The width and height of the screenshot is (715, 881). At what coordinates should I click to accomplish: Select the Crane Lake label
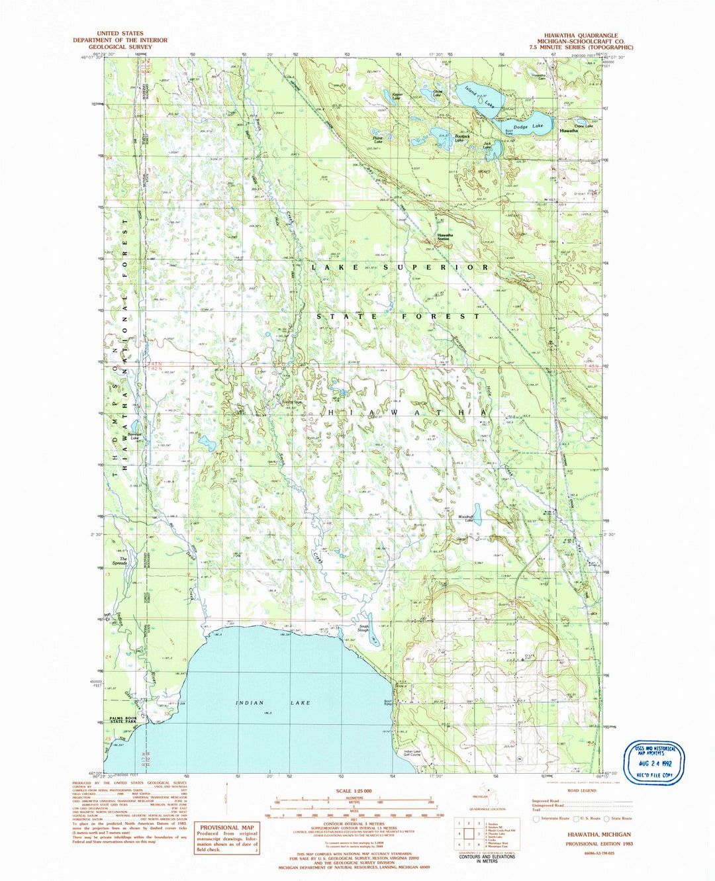pyautogui.click(x=583, y=126)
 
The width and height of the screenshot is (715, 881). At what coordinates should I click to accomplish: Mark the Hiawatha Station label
pyautogui.click(x=444, y=236)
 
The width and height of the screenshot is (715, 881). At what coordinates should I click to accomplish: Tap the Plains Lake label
pyautogui.click(x=377, y=140)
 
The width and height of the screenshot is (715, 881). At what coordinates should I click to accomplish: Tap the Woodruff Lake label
pyautogui.click(x=469, y=520)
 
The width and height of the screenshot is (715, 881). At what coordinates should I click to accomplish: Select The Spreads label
pyautogui.click(x=119, y=561)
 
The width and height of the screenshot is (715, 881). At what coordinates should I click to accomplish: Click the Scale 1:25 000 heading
pyautogui.click(x=354, y=791)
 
